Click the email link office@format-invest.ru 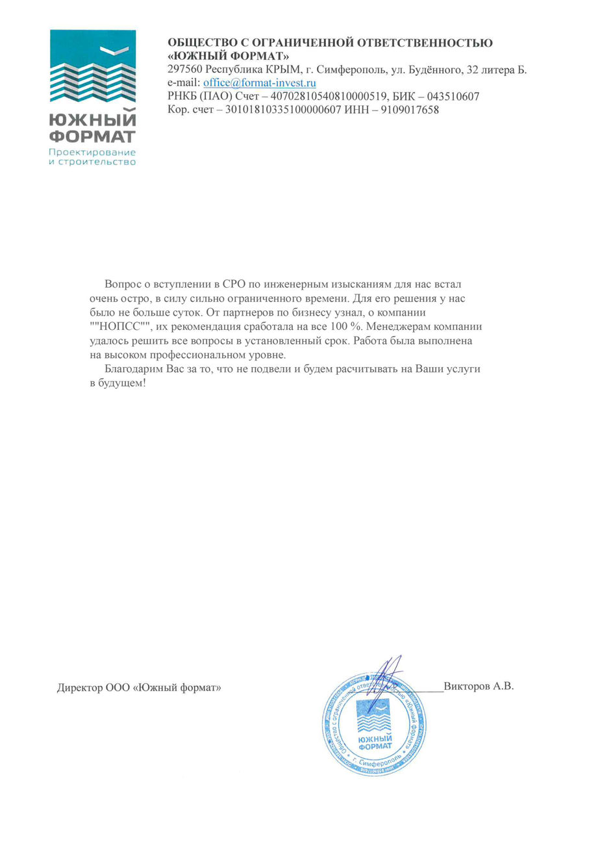pos(259,82)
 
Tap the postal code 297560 pos(184,70)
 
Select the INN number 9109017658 pos(410,110)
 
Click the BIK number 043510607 pos(453,96)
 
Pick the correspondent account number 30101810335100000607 pos(283,110)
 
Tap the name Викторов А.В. pos(479,685)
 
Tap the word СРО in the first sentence pos(232,285)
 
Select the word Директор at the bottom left pos(79,687)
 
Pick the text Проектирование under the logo pos(93,152)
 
